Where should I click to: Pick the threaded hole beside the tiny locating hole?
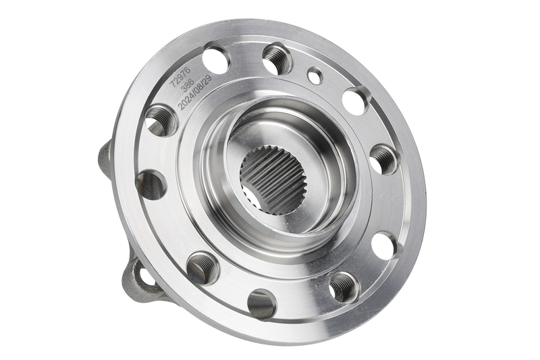point(277,57)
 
